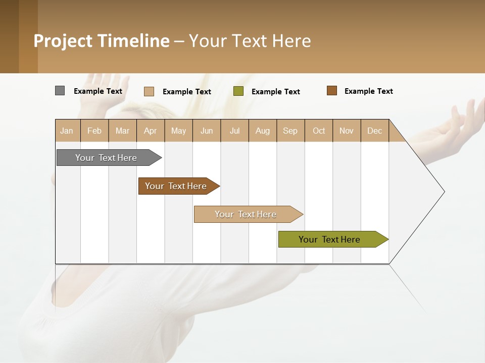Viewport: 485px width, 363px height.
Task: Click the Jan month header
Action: pos(67,131)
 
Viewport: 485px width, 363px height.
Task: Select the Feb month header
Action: pos(94,131)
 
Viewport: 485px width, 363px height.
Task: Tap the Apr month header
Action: pos(151,131)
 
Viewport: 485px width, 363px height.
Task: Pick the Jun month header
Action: pos(207,131)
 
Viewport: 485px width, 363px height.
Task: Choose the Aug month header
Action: pos(263,131)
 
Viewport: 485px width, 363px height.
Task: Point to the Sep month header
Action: pos(290,131)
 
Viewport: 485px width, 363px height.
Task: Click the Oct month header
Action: pos(319,131)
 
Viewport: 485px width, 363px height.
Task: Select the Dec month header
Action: pos(375,131)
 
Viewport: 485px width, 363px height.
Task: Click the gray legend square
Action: pos(60,91)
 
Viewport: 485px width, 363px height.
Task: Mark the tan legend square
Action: pos(149,91)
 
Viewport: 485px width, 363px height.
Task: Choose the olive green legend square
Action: pos(238,91)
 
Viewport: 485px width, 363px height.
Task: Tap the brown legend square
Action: pos(332,91)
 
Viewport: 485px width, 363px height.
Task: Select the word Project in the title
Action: pos(63,41)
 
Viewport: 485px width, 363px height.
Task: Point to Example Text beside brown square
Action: pos(368,91)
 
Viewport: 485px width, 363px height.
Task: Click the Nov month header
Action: pos(347,131)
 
